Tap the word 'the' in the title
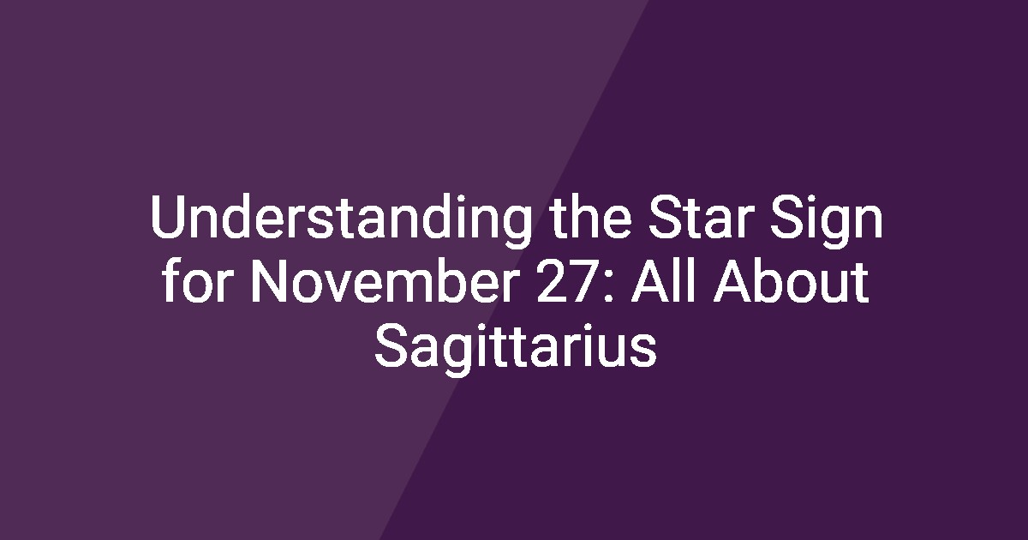(592, 217)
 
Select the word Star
(702, 217)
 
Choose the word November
(385, 280)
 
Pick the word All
(666, 280)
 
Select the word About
(792, 280)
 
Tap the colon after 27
(609, 286)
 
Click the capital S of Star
(665, 217)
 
